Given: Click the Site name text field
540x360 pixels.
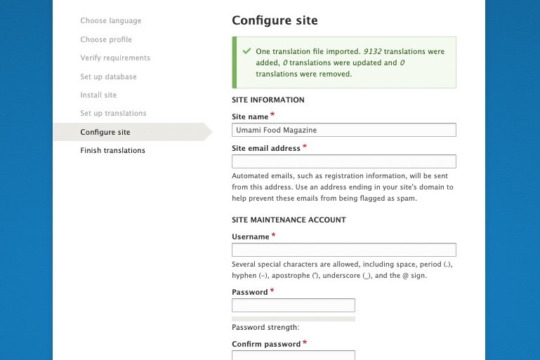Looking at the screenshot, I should (x=343, y=130).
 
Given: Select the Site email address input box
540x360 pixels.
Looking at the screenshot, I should (x=343, y=161).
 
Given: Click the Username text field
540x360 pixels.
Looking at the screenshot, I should (x=343, y=250).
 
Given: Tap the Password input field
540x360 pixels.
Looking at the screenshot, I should (x=293, y=305).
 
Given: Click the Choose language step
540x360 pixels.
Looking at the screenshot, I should (x=111, y=21).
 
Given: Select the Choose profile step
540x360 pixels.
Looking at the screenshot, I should (x=106, y=39).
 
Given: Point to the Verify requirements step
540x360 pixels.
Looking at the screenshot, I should (x=115, y=58).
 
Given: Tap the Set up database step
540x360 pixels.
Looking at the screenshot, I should (x=108, y=76).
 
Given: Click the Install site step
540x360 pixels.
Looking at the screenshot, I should (x=98, y=95).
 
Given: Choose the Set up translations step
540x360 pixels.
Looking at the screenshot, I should (x=113, y=113).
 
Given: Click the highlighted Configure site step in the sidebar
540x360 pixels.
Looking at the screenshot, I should (x=105, y=132).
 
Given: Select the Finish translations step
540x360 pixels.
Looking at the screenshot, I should (x=112, y=150).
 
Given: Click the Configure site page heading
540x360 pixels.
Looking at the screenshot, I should (x=275, y=20).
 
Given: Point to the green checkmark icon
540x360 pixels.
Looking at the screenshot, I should (x=246, y=51).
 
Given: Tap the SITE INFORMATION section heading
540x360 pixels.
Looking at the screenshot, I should (x=268, y=100).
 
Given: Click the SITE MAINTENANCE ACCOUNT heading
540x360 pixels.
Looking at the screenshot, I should (x=289, y=220).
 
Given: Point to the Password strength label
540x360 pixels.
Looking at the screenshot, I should (x=265, y=327).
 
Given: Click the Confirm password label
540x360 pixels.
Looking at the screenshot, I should (x=266, y=344).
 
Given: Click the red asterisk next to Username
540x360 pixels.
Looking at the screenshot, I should (x=273, y=235).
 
